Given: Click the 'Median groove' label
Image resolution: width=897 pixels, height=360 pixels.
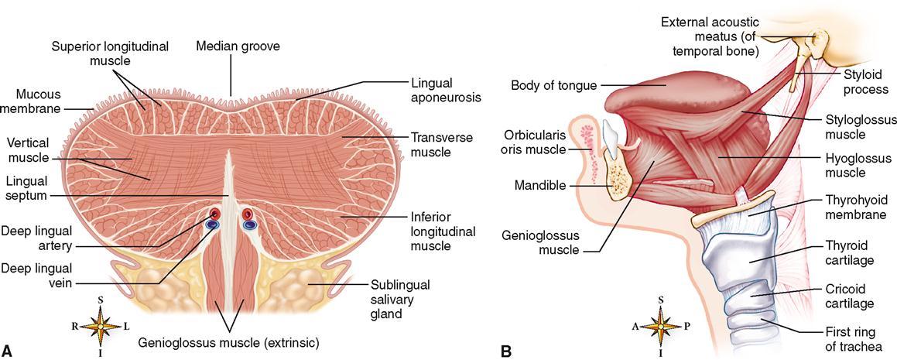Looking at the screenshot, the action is pos(238,46).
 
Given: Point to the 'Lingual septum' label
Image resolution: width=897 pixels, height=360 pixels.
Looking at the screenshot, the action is pos(26,187).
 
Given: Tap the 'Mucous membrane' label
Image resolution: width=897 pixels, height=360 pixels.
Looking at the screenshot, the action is pos(39,101).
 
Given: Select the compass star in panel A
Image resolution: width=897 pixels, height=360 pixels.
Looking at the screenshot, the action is pos(101,326).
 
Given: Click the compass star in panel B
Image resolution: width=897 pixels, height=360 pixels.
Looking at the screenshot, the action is pos(661,327).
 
